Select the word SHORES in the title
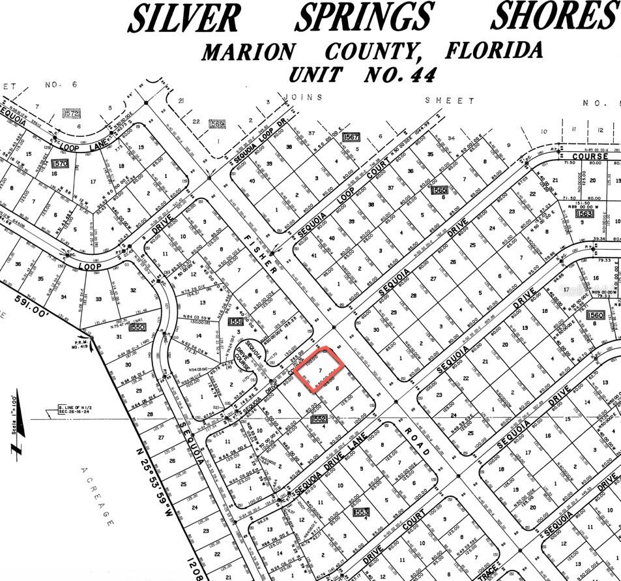(554, 16)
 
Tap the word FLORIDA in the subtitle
(495, 50)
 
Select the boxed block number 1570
(60, 163)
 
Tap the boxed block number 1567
(351, 137)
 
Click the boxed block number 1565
(439, 190)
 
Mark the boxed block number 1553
(362, 513)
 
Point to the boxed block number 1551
(235, 322)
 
